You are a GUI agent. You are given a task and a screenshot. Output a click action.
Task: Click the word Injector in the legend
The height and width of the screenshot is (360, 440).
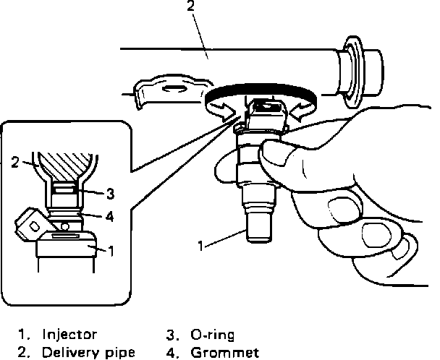(70, 335)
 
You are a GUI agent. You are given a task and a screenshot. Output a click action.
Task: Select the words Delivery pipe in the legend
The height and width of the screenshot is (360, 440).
(88, 353)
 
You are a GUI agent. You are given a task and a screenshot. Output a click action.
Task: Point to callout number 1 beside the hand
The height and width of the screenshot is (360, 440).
(200, 246)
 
